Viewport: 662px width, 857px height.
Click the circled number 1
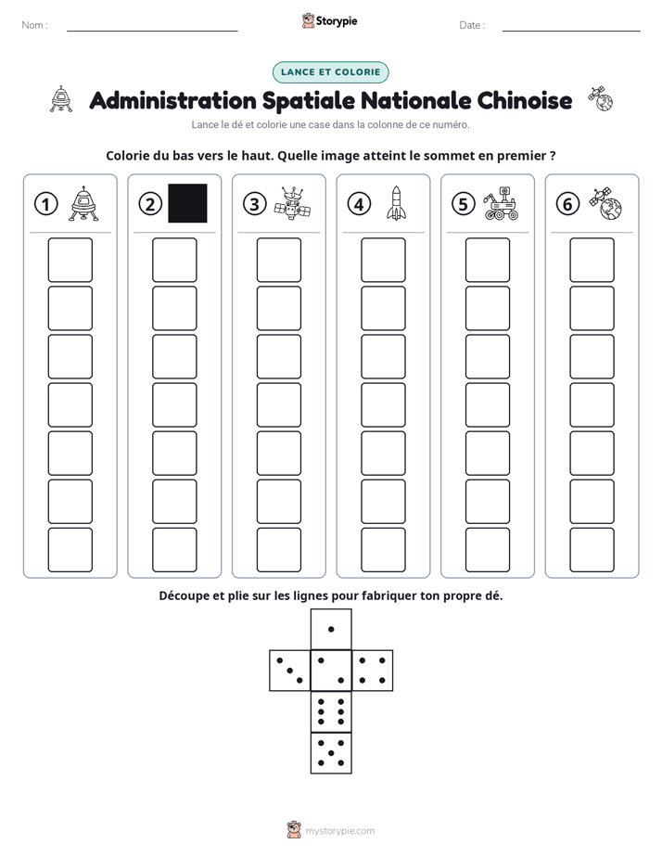point(45,204)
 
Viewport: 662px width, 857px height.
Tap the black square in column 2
point(187,203)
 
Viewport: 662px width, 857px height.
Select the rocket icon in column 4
point(396,203)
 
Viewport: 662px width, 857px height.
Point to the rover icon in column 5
point(501,203)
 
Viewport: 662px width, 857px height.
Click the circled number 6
point(567,204)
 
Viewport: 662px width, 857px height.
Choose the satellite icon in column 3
point(292,203)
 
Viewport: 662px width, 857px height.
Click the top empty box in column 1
point(70,260)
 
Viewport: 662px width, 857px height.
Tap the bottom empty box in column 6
point(592,550)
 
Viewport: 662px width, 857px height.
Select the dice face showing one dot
point(331,629)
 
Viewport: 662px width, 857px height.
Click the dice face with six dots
point(331,711)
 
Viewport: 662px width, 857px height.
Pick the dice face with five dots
point(331,753)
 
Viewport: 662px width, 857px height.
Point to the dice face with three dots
point(290,671)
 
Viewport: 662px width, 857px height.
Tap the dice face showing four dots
point(373,671)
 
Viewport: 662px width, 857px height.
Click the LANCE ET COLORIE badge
point(330,72)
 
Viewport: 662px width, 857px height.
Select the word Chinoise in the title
point(525,100)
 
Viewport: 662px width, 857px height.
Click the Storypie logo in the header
point(329,21)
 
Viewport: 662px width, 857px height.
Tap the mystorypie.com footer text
point(339,831)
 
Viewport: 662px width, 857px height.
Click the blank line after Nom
point(152,32)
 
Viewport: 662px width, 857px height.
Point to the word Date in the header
point(470,25)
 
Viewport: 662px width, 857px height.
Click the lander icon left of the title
point(61,99)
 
